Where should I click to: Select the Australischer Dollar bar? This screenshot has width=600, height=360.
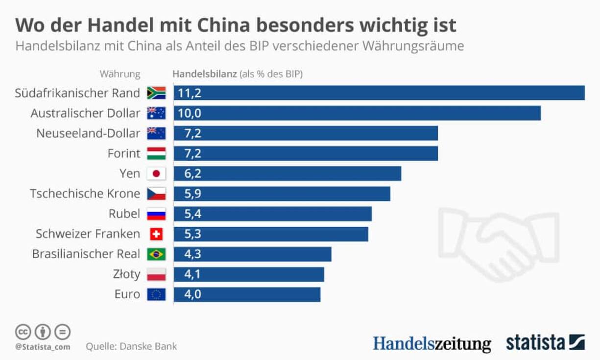[357, 113]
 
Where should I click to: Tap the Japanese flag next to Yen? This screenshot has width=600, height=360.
[156, 173]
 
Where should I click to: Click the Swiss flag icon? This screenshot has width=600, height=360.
[156, 234]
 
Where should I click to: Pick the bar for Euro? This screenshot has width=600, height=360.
[247, 294]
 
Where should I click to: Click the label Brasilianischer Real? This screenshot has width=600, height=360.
[86, 254]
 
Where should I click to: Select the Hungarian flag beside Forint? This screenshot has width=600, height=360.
[156, 153]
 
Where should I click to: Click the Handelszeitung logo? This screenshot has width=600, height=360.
[432, 343]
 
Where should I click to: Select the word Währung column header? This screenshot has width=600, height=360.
[120, 74]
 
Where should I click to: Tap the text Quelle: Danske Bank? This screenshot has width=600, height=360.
[131, 346]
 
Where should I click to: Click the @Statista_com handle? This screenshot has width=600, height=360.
[42, 347]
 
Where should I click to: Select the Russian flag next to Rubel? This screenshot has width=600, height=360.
[156, 214]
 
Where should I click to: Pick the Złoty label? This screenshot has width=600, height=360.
[126, 274]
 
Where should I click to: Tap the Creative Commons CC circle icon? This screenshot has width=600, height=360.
[23, 332]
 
